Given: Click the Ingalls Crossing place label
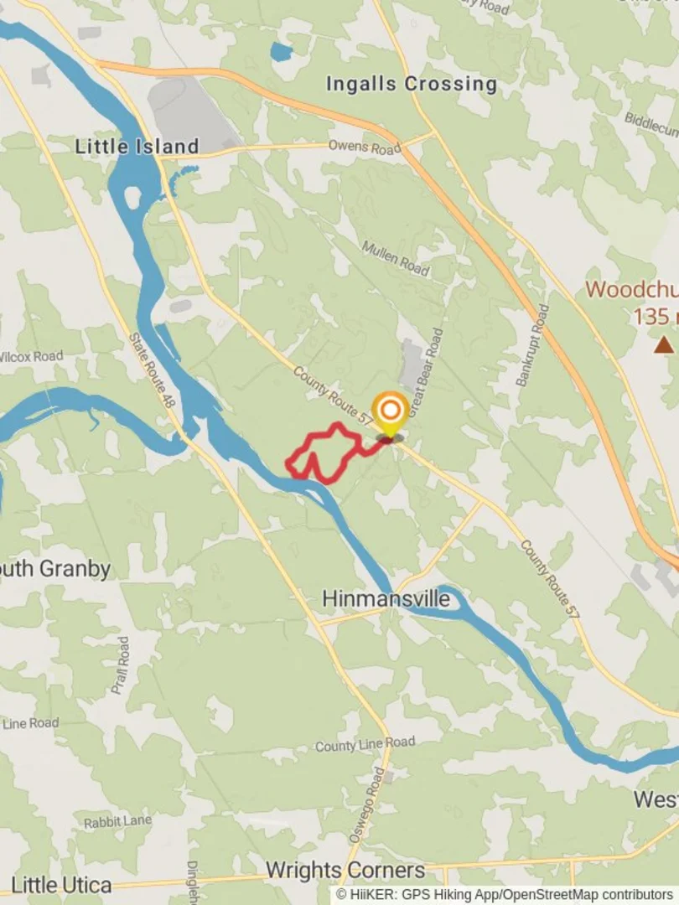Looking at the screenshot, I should pyautogui.click(x=411, y=84).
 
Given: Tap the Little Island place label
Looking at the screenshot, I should pyautogui.click(x=137, y=147).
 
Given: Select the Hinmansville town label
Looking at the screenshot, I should pyautogui.click(x=386, y=599).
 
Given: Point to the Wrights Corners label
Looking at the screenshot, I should pyautogui.click(x=345, y=870).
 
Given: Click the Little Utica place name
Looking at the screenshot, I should pyautogui.click(x=61, y=885).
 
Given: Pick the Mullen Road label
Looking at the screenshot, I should pyautogui.click(x=396, y=258).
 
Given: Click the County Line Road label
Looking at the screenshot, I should pyautogui.click(x=365, y=744).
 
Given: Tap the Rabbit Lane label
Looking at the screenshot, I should pyautogui.click(x=117, y=822).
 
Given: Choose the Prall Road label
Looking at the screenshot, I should pyautogui.click(x=121, y=665).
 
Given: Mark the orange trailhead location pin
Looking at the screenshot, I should pyautogui.click(x=390, y=412).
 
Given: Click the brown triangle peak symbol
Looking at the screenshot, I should pyautogui.click(x=664, y=344).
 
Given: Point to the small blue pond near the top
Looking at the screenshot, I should pyautogui.click(x=281, y=53).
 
